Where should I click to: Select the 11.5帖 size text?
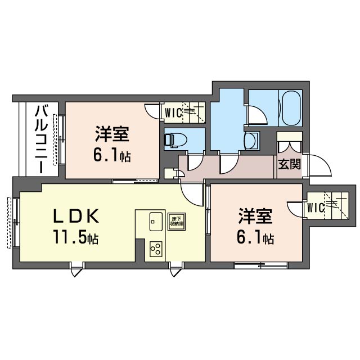[x=76, y=238]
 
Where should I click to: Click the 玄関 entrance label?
[x=289, y=165]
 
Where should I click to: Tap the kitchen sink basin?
[x=155, y=222]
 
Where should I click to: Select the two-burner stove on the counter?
[x=155, y=248]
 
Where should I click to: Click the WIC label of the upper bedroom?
[x=172, y=112]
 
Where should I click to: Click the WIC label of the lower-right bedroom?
[x=315, y=208]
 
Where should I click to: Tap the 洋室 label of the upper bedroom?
[x=112, y=135]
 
